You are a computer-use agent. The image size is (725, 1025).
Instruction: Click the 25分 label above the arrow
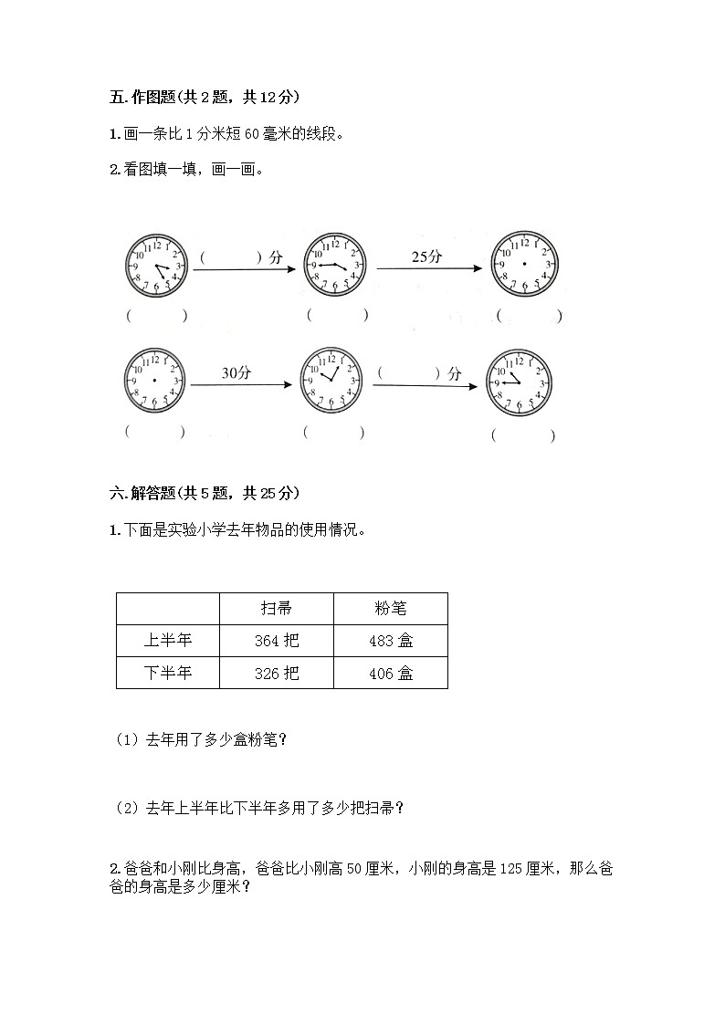click(426, 256)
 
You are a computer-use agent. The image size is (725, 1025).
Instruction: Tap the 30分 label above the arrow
click(236, 372)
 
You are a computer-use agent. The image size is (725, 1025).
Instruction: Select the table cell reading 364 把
click(277, 641)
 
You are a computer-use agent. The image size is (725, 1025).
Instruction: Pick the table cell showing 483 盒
click(391, 641)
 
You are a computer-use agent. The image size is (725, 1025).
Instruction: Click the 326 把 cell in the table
click(277, 674)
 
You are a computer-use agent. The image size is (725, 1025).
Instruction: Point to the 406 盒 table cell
click(391, 674)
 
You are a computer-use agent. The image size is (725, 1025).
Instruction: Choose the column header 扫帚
click(277, 608)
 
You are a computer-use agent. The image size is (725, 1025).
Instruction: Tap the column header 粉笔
click(391, 608)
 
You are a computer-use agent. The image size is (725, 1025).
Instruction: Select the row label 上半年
click(168, 641)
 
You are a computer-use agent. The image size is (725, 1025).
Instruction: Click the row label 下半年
click(168, 674)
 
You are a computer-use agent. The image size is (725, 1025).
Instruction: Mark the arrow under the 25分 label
click(429, 268)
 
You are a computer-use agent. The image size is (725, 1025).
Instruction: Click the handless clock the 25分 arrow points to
click(524, 263)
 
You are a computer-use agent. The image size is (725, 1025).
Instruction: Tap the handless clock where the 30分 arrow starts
click(154, 379)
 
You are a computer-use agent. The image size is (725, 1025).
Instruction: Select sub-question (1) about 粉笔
click(202, 740)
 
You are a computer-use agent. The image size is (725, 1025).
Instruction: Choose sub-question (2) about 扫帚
click(260, 807)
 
